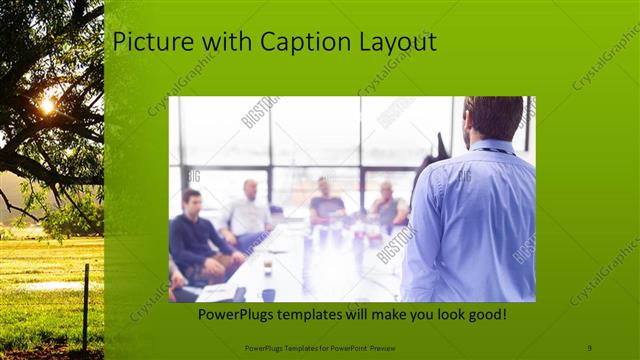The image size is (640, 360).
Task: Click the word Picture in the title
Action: pos(146,43)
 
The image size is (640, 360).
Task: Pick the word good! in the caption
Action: pos(482,314)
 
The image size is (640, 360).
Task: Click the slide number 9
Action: pos(589,347)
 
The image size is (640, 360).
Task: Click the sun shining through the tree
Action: pos(47,103)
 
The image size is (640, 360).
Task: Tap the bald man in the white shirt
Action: pos(248,212)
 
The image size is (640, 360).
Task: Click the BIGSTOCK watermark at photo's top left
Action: pos(259,111)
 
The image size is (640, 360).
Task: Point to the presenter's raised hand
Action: pos(440,145)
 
